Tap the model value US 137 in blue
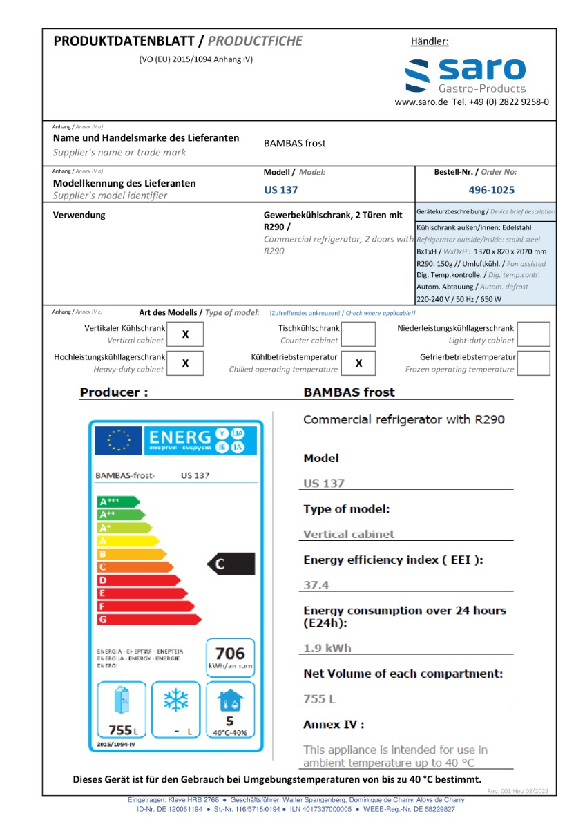(281, 190)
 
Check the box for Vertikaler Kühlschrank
(185, 334)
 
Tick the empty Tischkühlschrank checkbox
(359, 334)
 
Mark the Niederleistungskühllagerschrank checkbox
(533, 334)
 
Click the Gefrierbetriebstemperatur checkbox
(533, 363)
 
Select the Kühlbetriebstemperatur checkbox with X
(359, 363)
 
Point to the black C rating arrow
(231, 564)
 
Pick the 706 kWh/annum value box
(230, 658)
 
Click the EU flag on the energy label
(119, 440)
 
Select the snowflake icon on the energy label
(176, 701)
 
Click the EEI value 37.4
(316, 585)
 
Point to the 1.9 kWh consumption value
(327, 648)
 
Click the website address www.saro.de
(421, 102)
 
